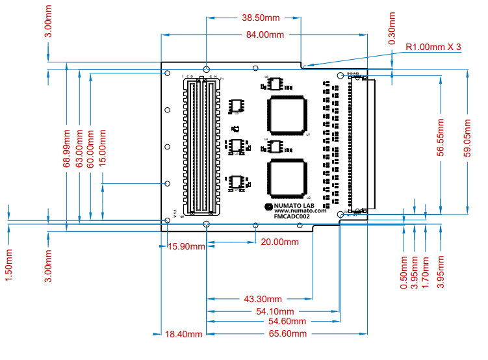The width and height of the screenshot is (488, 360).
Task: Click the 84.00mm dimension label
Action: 263,34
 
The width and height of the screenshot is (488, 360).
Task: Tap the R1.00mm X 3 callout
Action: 433,47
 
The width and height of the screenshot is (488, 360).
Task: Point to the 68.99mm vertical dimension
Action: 66,149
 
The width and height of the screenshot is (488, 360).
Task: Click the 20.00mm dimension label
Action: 280,242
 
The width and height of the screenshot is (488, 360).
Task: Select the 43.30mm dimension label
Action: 263,300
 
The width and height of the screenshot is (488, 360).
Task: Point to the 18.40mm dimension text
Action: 184,333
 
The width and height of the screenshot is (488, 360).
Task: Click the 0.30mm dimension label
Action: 392,29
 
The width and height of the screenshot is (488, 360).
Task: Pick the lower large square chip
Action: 286,177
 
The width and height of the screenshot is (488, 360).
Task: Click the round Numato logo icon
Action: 268,207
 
